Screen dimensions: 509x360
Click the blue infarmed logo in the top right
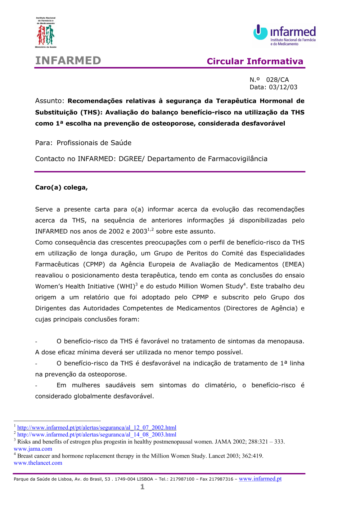tap(285, 35)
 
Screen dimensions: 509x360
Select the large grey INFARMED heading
tap(68, 60)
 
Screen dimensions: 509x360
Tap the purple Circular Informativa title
tap(255, 62)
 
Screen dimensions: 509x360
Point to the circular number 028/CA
tap(277, 80)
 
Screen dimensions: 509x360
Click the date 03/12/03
tap(283, 87)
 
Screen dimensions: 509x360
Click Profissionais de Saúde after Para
tap(94, 143)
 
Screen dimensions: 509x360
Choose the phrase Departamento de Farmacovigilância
tap(207, 159)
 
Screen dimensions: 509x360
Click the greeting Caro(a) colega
tap(61, 187)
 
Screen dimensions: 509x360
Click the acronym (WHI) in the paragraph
tap(126, 287)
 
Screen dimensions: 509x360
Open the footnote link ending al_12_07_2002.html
tap(97, 428)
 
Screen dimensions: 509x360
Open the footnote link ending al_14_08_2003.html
tap(97, 435)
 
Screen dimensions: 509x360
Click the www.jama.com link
tap(33, 449)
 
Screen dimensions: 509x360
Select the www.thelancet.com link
tap(38, 463)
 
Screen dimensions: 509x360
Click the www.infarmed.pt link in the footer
tap(260, 479)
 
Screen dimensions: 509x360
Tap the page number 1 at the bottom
tap(143, 487)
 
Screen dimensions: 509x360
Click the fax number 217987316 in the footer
tap(221, 479)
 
